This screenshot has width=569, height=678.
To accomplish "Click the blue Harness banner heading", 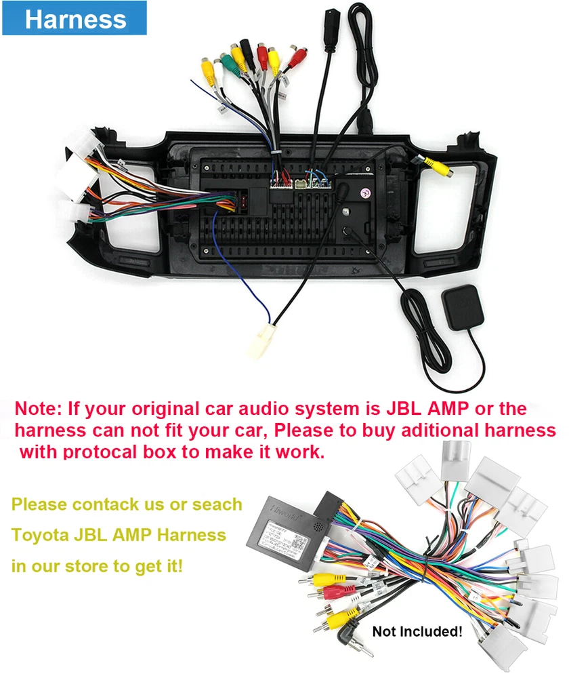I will click(75, 19).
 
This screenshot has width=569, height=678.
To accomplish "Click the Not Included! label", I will click(417, 632).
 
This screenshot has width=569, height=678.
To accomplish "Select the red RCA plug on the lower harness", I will click(329, 591).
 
